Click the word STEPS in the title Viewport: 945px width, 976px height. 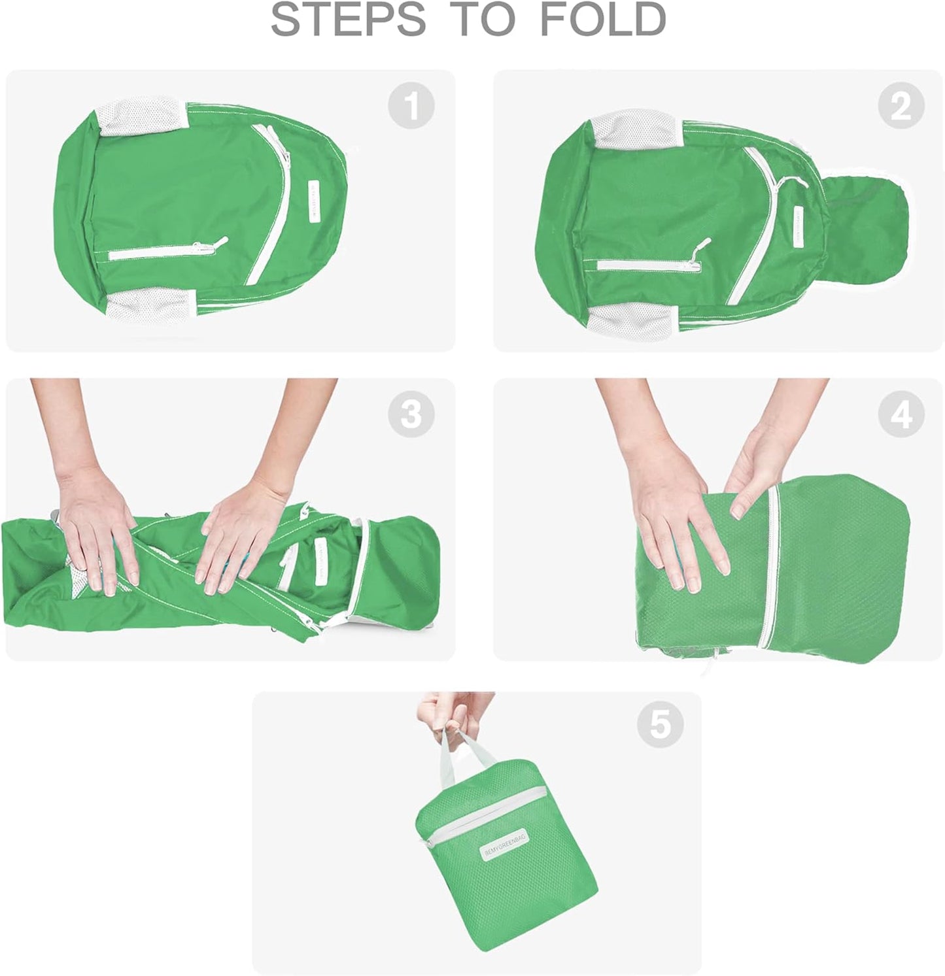[348, 20]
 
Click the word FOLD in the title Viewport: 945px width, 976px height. [602, 20]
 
